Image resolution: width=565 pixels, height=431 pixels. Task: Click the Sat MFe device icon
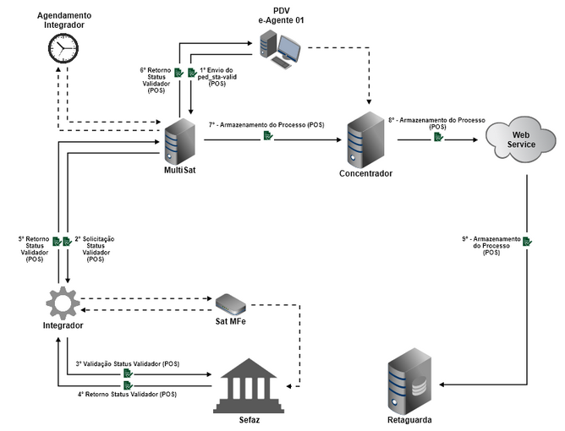click(x=229, y=302)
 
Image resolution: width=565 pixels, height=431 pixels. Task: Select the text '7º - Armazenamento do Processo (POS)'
click(x=267, y=124)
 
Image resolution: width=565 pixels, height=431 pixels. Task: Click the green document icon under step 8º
click(x=438, y=137)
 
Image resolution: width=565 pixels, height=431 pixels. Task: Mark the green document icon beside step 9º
click(x=527, y=243)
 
